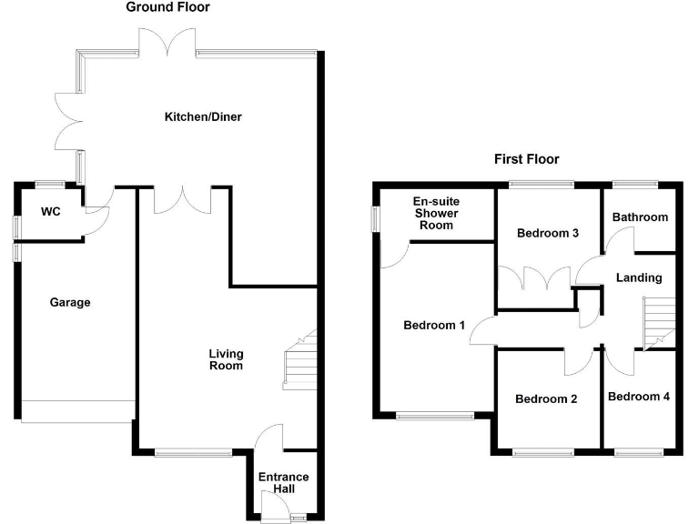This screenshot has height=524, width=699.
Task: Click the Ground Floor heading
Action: tap(167, 7)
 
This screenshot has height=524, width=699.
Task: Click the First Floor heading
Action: tap(526, 159)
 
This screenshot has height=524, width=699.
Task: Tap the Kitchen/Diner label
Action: tap(203, 116)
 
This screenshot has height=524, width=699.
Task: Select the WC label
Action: tap(51, 212)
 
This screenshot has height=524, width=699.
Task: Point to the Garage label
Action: tap(70, 302)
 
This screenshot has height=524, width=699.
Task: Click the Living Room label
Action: tap(226, 359)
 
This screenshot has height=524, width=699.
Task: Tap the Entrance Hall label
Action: tap(283, 483)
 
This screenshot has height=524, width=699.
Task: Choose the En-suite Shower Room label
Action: tap(436, 213)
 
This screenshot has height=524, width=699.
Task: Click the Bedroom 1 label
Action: tap(434, 325)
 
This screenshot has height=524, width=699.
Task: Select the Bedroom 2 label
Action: tap(546, 398)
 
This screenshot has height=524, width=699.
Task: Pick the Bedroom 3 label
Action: tap(548, 233)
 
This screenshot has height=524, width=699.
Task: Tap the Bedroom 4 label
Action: tap(638, 397)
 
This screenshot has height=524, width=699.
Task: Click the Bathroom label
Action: tap(640, 217)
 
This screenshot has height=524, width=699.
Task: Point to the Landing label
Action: tap(638, 277)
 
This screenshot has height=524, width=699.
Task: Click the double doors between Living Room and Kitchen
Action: tap(183, 200)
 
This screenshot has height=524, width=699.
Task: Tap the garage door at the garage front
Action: tap(76, 410)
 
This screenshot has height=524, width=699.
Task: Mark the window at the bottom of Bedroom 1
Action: tap(435, 417)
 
